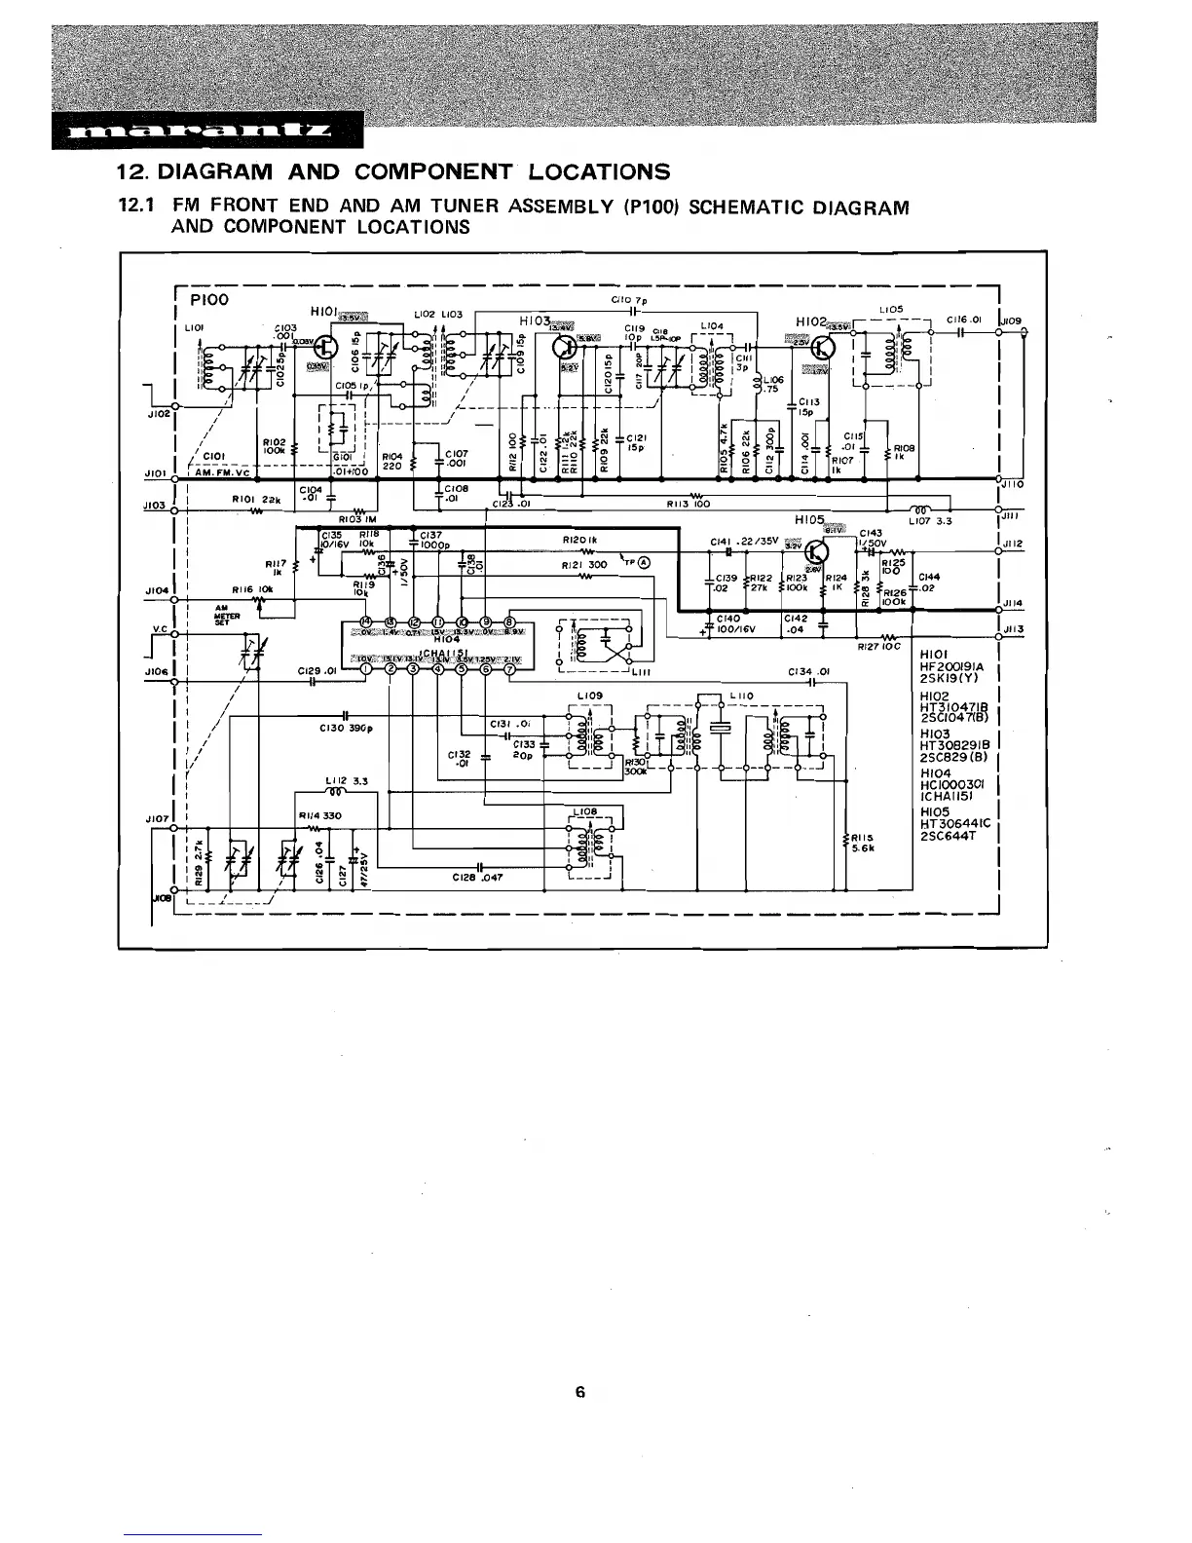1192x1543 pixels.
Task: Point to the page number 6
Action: pyautogui.click(x=579, y=1392)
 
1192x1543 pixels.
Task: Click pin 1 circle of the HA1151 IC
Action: pyautogui.click(x=365, y=667)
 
